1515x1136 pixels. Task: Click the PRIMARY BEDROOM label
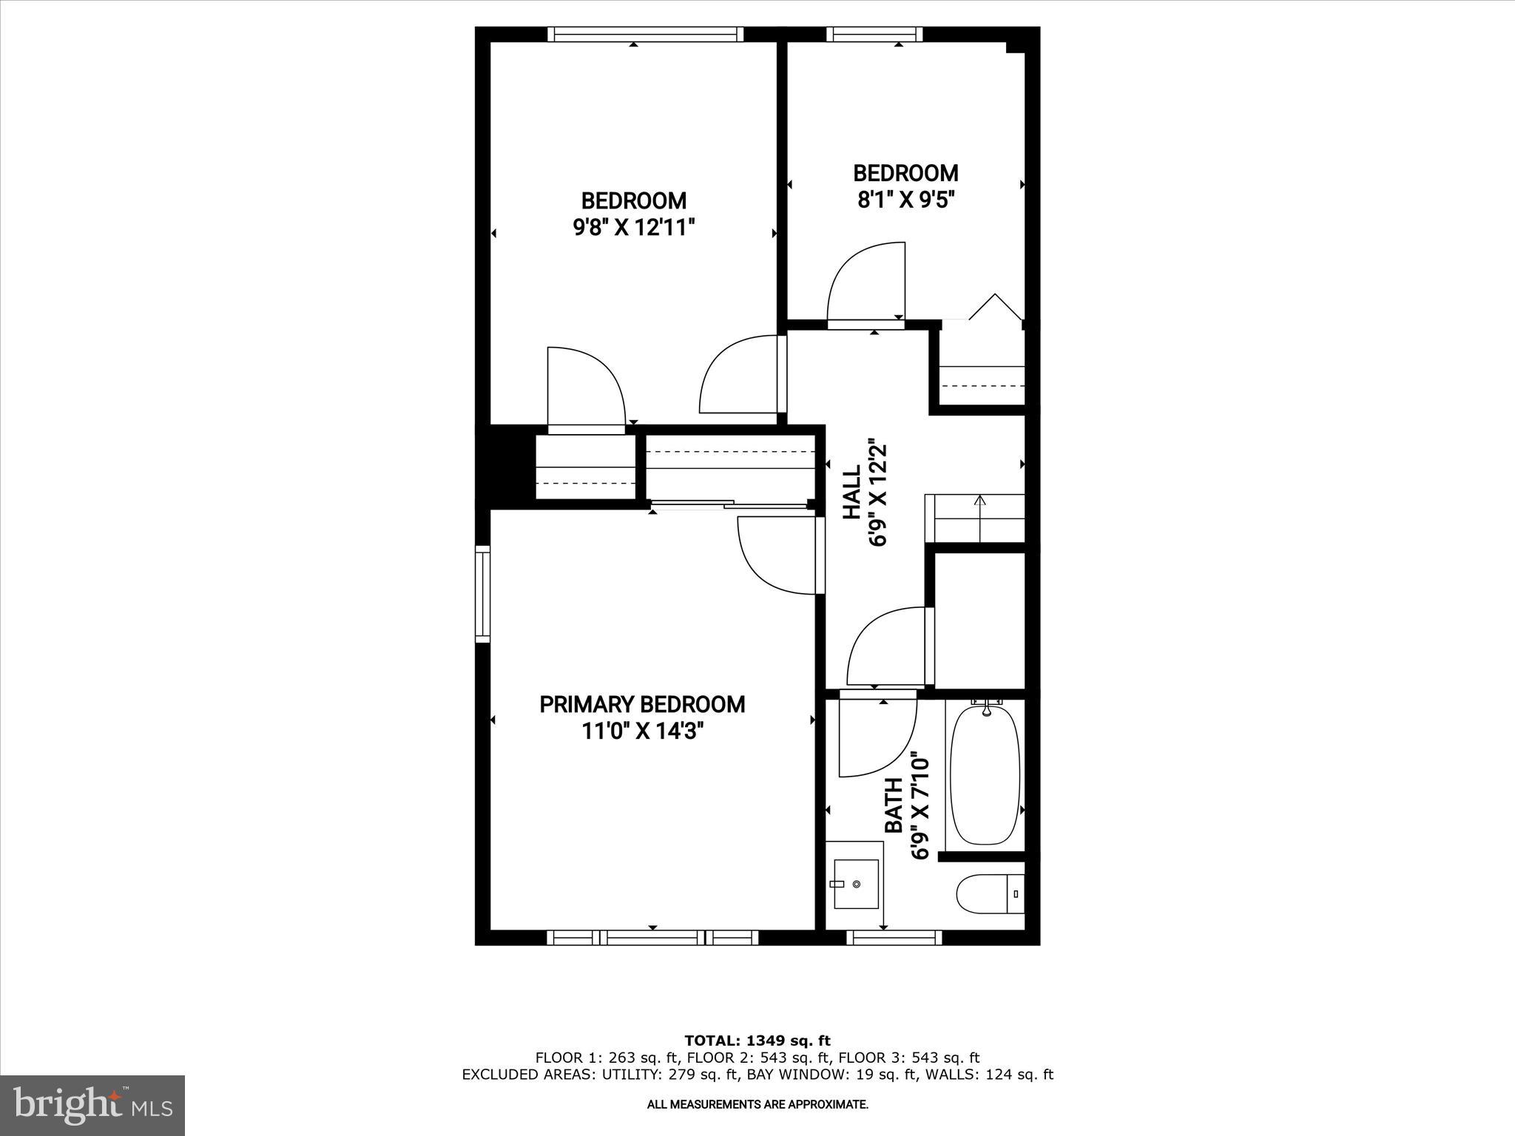(641, 704)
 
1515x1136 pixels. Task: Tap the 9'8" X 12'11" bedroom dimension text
(634, 227)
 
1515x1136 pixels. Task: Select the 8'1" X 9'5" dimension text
(905, 200)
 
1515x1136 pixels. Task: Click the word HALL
(853, 492)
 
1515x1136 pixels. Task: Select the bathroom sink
(856, 884)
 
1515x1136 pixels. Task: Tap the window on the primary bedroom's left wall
(482, 593)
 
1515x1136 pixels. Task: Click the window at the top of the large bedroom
(644, 34)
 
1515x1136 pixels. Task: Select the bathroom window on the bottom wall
(894, 938)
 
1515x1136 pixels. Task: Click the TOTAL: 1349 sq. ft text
(757, 1041)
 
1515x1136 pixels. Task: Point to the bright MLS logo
(92, 1105)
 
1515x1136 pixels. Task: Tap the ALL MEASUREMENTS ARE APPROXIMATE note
(757, 1104)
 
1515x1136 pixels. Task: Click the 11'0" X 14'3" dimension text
(641, 731)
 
